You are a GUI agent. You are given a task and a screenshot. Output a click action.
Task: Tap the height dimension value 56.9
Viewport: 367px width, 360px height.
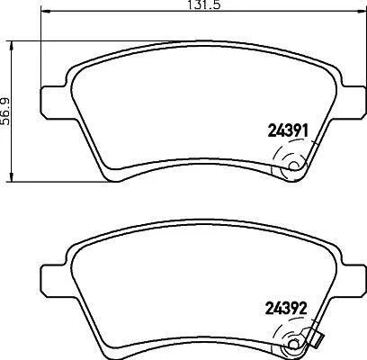point(5,111)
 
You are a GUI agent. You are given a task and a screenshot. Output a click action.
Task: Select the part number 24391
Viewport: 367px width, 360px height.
point(288,131)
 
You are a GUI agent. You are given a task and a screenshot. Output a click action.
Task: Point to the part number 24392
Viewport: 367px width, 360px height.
point(286,309)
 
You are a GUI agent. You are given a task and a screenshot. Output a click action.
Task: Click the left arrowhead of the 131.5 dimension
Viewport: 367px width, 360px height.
point(45,12)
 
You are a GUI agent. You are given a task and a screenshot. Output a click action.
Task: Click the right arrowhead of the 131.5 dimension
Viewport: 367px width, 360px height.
point(360,12)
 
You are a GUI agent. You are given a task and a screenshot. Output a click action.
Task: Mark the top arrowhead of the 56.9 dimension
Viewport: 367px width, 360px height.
point(12,46)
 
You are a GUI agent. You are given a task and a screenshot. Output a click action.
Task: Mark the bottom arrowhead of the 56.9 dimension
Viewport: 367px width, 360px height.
point(12,176)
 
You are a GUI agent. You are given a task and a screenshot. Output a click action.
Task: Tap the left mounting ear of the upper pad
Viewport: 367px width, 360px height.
point(54,102)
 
